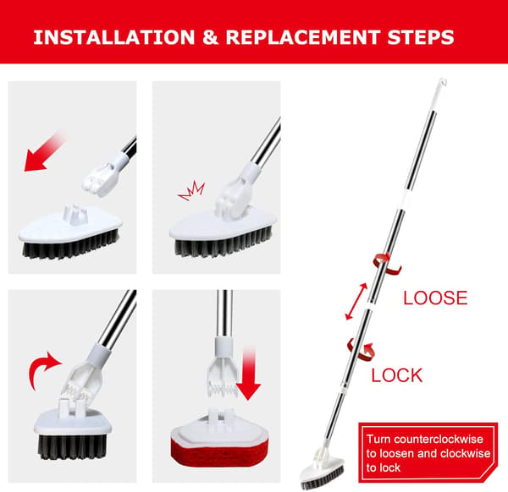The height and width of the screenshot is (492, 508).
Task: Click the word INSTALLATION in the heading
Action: point(114,37)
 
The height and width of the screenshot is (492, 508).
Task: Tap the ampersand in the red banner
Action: point(210,37)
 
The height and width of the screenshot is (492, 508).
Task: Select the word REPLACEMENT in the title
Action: point(303,37)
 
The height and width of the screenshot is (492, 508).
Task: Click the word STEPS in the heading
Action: point(421,37)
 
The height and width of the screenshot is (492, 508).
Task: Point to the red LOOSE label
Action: point(435,298)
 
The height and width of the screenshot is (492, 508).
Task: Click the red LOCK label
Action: point(397,375)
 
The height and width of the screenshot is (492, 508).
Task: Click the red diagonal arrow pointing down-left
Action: point(44,151)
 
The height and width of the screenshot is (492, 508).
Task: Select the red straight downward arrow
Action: point(248,372)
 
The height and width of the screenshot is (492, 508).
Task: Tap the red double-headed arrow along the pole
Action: point(356,302)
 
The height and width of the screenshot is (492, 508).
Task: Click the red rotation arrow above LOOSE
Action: point(387,265)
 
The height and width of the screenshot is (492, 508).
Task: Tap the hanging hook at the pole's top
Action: point(442,84)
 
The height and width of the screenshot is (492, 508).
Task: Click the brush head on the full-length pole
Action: point(323,472)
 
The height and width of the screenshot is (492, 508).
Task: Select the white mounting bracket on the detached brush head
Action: point(75,213)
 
